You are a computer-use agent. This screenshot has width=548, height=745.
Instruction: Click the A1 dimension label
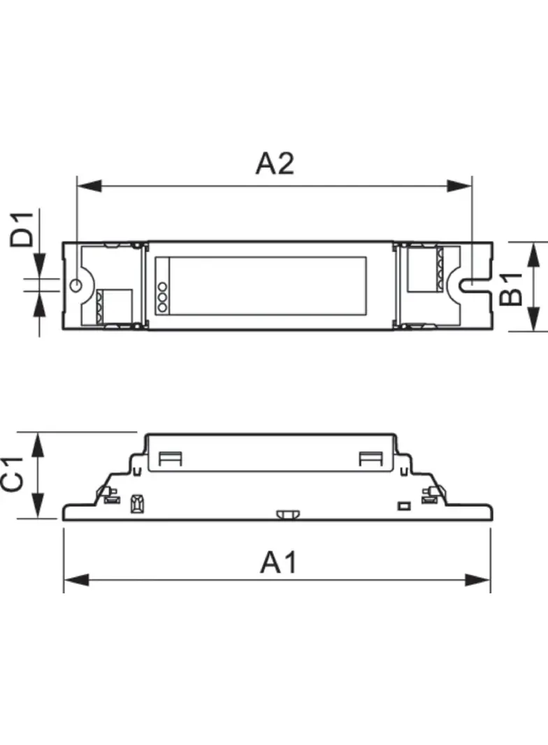pyautogui.click(x=279, y=562)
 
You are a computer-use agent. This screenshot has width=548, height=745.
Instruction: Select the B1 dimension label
pyautogui.click(x=512, y=288)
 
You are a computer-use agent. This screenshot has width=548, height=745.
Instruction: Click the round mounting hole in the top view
pyautogui.click(x=76, y=285)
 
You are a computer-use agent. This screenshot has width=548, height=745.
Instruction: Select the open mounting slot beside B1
pyautogui.click(x=473, y=285)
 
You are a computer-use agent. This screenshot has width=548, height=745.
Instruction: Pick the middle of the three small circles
pyautogui.click(x=161, y=296)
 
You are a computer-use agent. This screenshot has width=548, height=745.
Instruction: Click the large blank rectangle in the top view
pyautogui.click(x=268, y=285)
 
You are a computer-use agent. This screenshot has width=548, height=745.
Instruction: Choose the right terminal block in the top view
pyautogui.click(x=424, y=268)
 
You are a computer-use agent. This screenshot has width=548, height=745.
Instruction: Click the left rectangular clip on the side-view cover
pyautogui.click(x=171, y=458)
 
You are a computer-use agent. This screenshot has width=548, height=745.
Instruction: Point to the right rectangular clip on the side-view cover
pyautogui.click(x=370, y=458)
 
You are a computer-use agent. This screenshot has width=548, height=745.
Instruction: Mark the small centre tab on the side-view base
pyautogui.click(x=285, y=515)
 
